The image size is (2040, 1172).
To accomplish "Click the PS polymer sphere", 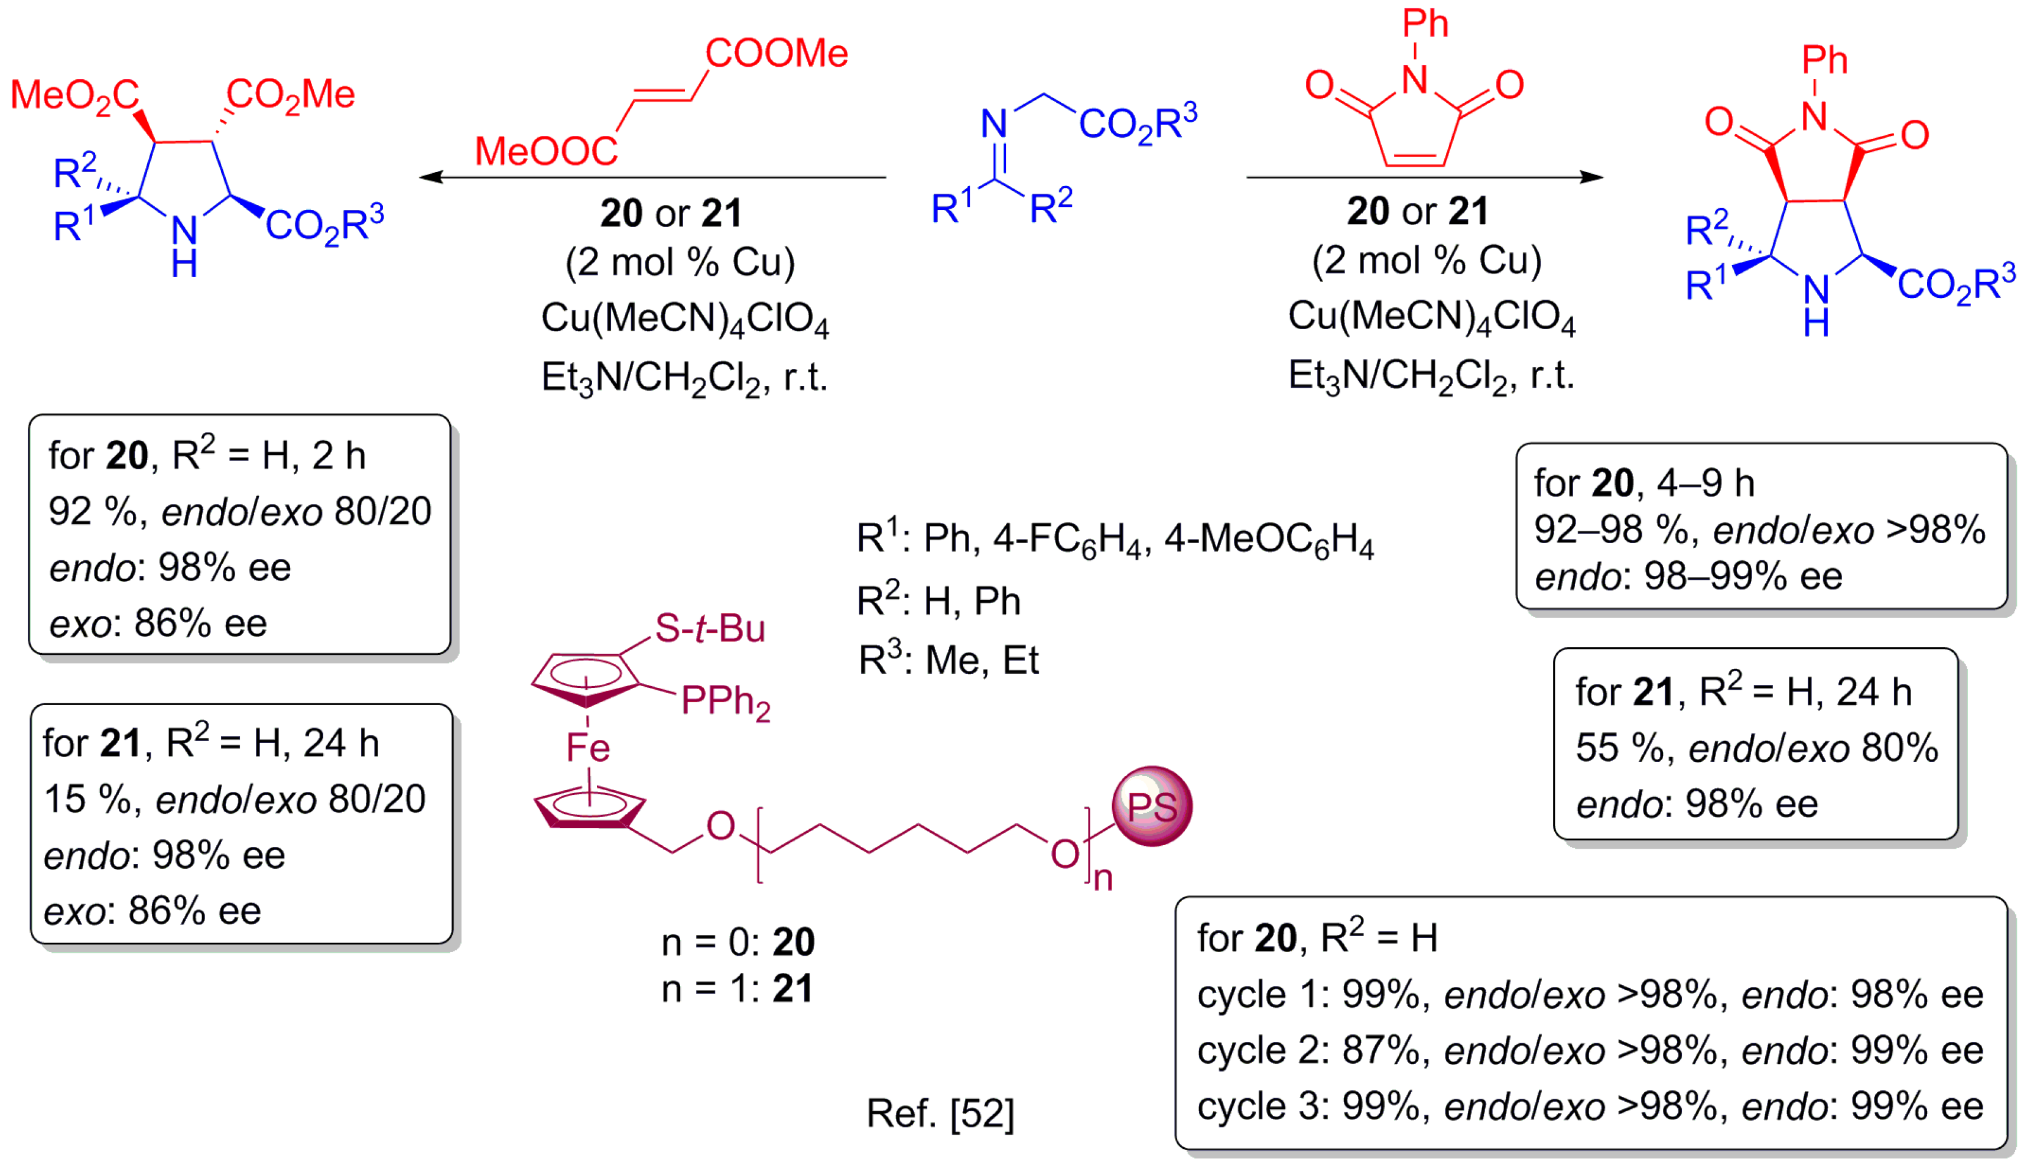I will [1152, 806].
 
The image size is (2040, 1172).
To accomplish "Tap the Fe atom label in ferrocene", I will [588, 748].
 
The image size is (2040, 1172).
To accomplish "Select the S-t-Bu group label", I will [709, 629].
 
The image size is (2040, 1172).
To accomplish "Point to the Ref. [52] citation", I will [940, 1114].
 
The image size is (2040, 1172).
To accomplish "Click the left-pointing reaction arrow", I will [652, 177].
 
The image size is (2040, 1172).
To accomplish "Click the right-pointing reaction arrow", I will [1424, 177].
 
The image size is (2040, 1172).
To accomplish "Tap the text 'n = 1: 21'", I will [736, 988].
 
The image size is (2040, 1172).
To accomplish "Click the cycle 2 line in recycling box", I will [1589, 1050].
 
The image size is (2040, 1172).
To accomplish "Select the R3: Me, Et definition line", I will [948, 660].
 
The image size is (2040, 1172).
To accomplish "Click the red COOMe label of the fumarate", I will [777, 54].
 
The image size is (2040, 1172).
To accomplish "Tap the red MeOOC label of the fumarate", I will [545, 151].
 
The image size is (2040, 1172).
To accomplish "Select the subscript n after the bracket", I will [1103, 879].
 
